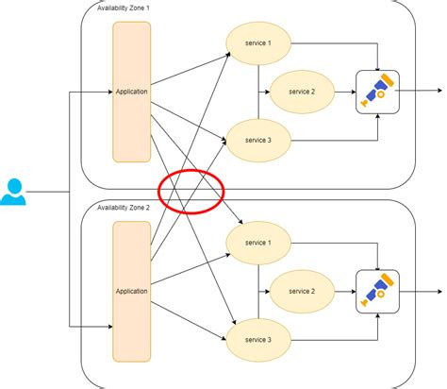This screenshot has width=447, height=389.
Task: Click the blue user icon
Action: tap(13, 192)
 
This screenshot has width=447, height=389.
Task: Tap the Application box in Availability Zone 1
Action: tap(131, 93)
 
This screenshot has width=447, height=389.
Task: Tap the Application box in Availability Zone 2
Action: tap(131, 291)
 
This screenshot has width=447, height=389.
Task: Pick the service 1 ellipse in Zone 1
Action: tap(256, 43)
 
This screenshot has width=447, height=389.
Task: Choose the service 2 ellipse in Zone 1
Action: tap(301, 92)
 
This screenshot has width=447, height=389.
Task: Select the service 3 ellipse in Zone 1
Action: tap(256, 140)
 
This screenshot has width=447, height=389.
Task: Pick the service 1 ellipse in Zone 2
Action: tap(256, 243)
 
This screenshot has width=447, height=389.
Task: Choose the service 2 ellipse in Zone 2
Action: tap(301, 291)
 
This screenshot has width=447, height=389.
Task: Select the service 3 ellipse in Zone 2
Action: tap(256, 339)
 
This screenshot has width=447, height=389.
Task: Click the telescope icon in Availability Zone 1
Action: tap(377, 92)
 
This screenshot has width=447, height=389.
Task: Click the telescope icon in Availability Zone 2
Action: tap(377, 291)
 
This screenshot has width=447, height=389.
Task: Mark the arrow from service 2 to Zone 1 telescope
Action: tap(345, 92)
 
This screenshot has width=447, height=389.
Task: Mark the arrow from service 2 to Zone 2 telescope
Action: tap(345, 291)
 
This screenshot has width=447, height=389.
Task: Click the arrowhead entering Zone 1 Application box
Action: tap(108, 93)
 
